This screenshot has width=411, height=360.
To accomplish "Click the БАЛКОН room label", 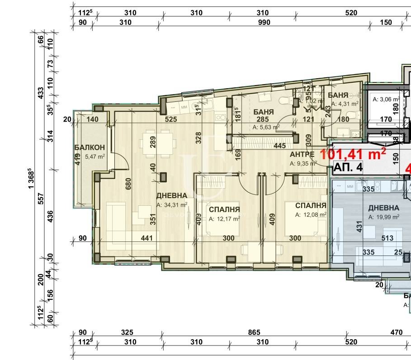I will click(90, 147).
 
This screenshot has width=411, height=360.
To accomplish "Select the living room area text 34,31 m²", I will click(172, 205).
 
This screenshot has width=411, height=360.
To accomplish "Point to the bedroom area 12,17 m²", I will click(224, 219).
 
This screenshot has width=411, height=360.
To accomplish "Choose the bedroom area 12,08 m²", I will click(311, 215).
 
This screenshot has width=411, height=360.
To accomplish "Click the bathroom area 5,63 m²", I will click(266, 127).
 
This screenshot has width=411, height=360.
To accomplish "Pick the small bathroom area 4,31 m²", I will click(345, 104).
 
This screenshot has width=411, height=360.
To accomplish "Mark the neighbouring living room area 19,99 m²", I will click(384, 217).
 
